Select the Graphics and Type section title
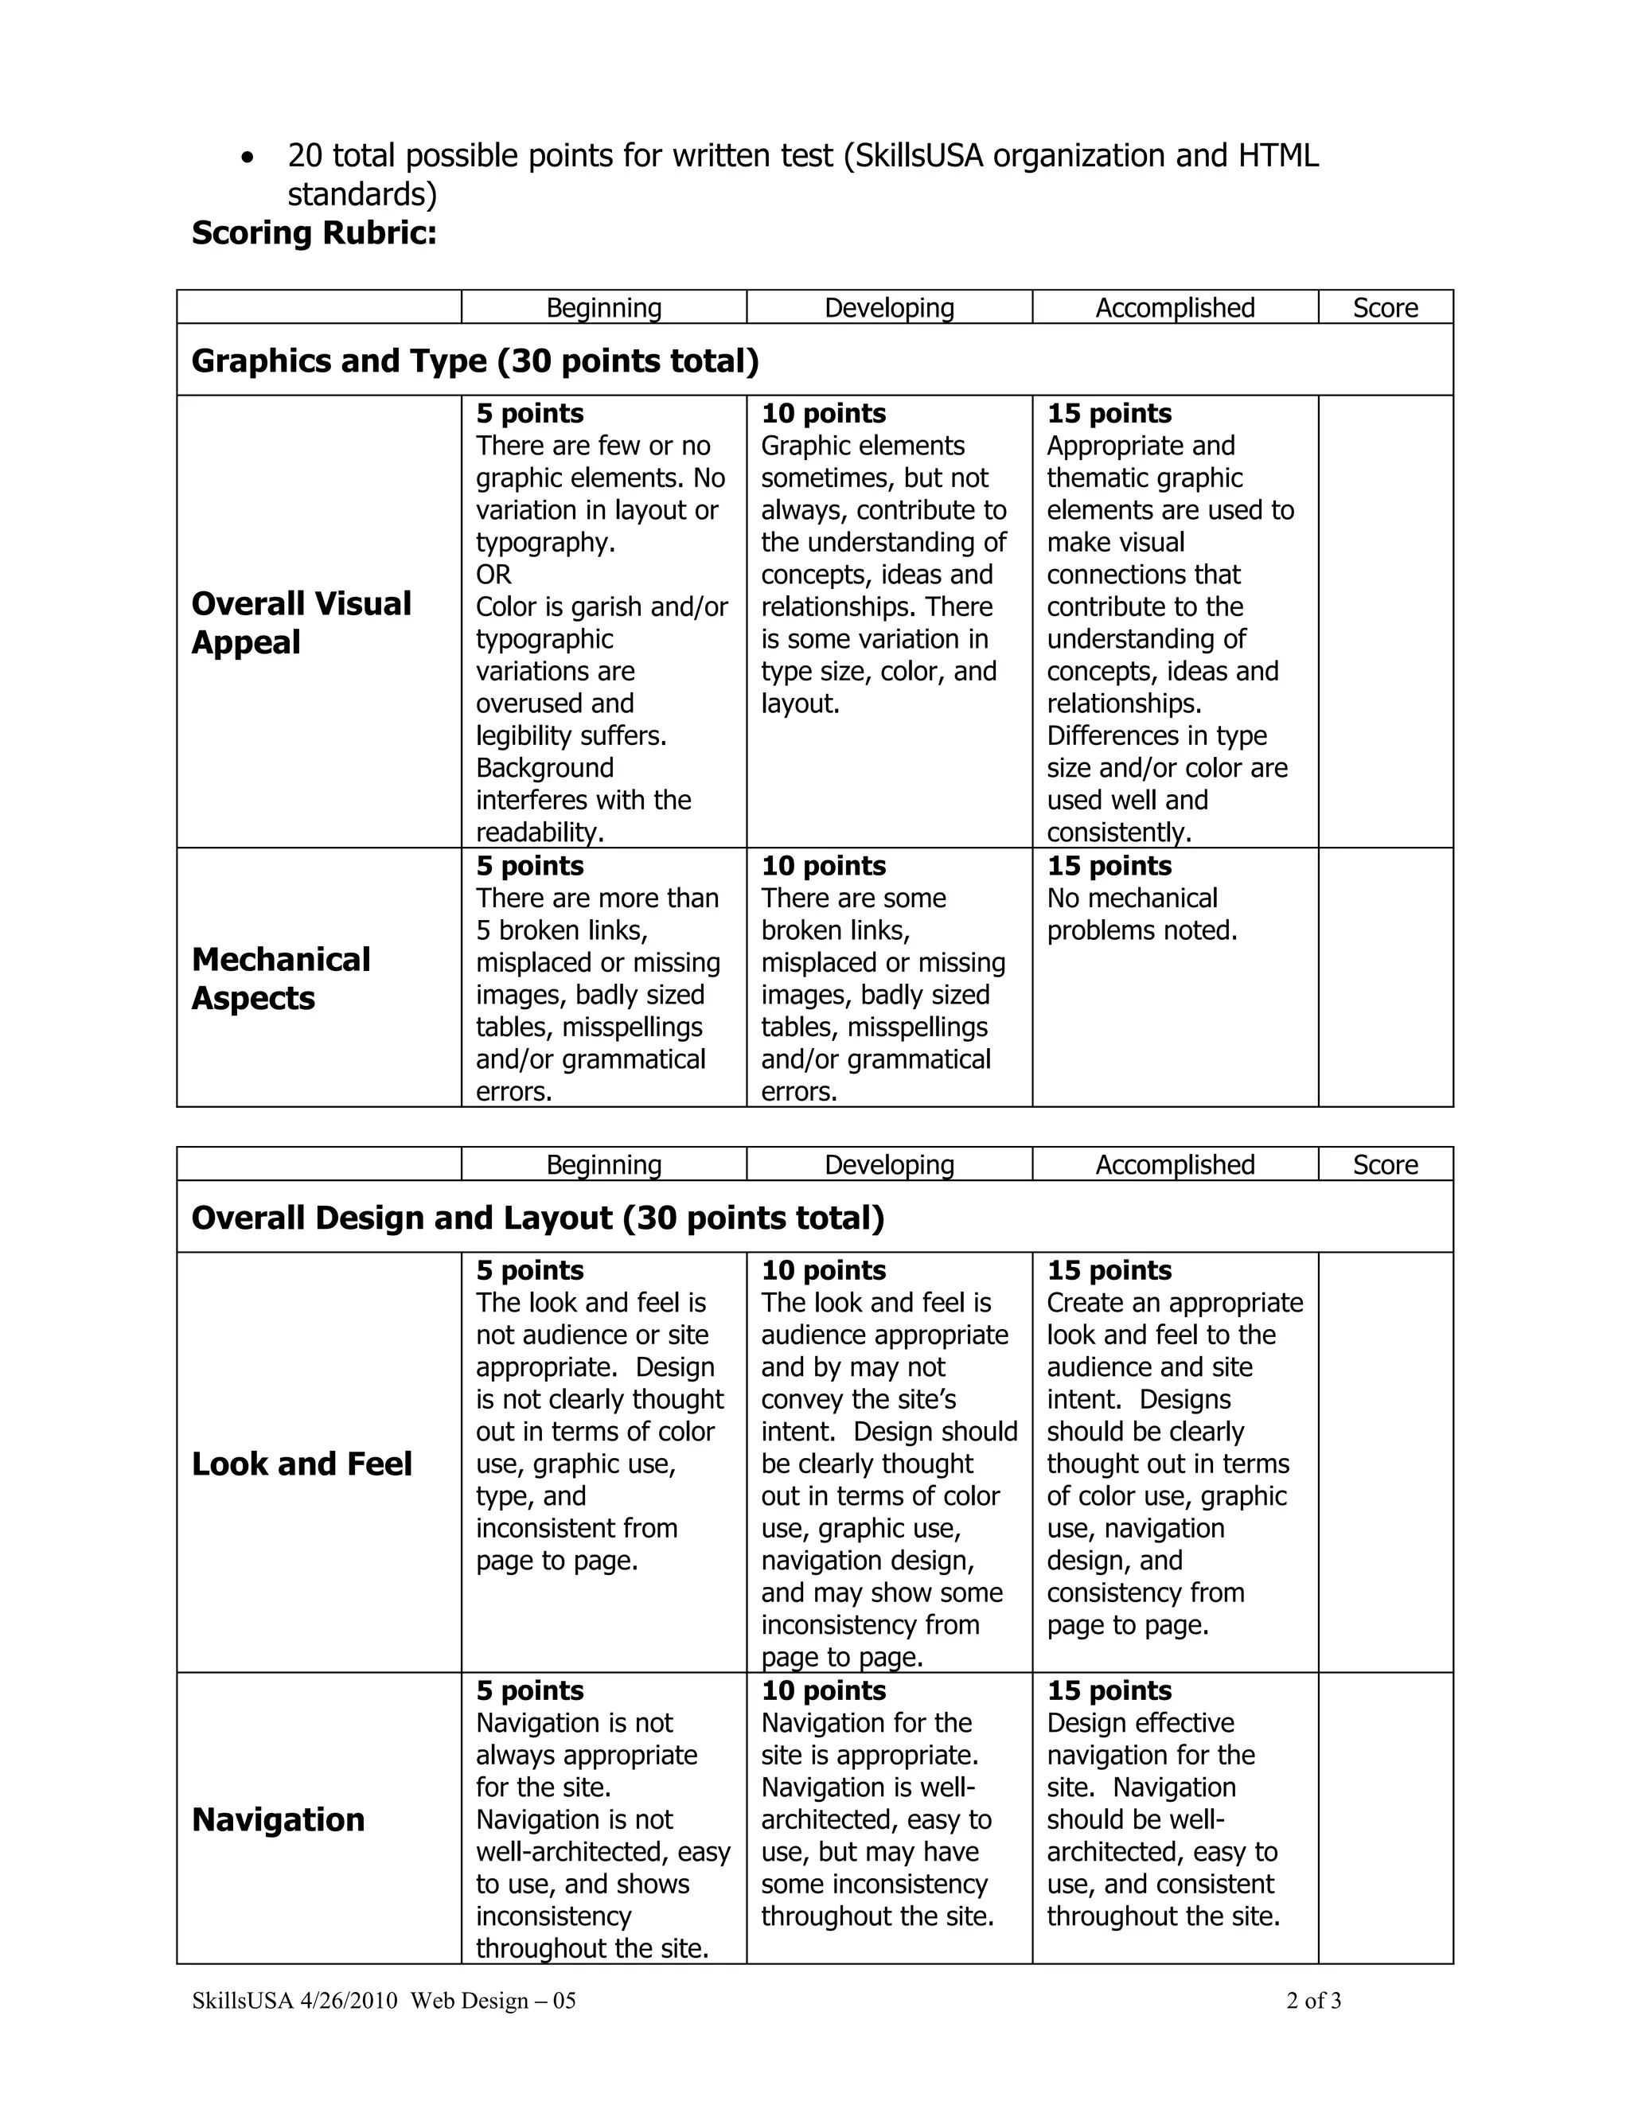pyautogui.click(x=475, y=361)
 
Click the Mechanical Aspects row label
pyautogui.click(x=280, y=978)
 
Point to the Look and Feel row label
pyautogui.click(x=302, y=1464)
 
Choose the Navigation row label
pyautogui.click(x=278, y=1819)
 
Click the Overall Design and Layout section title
pyautogui.click(x=537, y=1218)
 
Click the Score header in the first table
pyautogui.click(x=1385, y=308)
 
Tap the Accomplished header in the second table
pyautogui.click(x=1174, y=1164)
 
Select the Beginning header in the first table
pyautogui.click(x=603, y=308)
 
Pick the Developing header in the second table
pyautogui.click(x=888, y=1164)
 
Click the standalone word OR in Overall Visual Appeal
pyautogui.click(x=493, y=575)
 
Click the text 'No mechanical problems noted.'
pyautogui.click(x=1141, y=914)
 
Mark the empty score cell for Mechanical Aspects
pyautogui.click(x=1385, y=977)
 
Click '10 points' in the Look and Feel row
pyautogui.click(x=823, y=1271)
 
